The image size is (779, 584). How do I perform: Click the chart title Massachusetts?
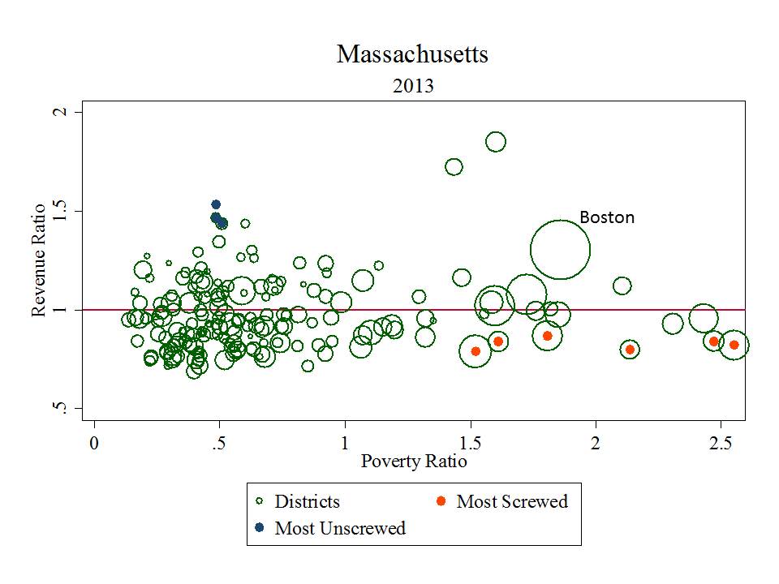pos(412,55)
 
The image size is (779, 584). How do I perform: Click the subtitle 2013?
pos(412,86)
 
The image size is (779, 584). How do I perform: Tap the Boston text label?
pos(607,217)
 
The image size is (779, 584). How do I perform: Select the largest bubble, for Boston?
pos(560,249)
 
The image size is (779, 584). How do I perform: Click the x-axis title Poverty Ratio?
pos(413,462)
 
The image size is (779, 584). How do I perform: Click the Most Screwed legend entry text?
pos(512,501)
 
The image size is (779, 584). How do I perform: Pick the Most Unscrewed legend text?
pos(340,528)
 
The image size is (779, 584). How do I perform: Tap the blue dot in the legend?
pos(259,528)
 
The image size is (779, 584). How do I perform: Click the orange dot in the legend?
pos(441,501)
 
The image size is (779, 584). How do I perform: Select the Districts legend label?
pos(307,501)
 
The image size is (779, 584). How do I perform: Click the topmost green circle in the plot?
pos(496,142)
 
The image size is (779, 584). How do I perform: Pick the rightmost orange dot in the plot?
pos(734,345)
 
